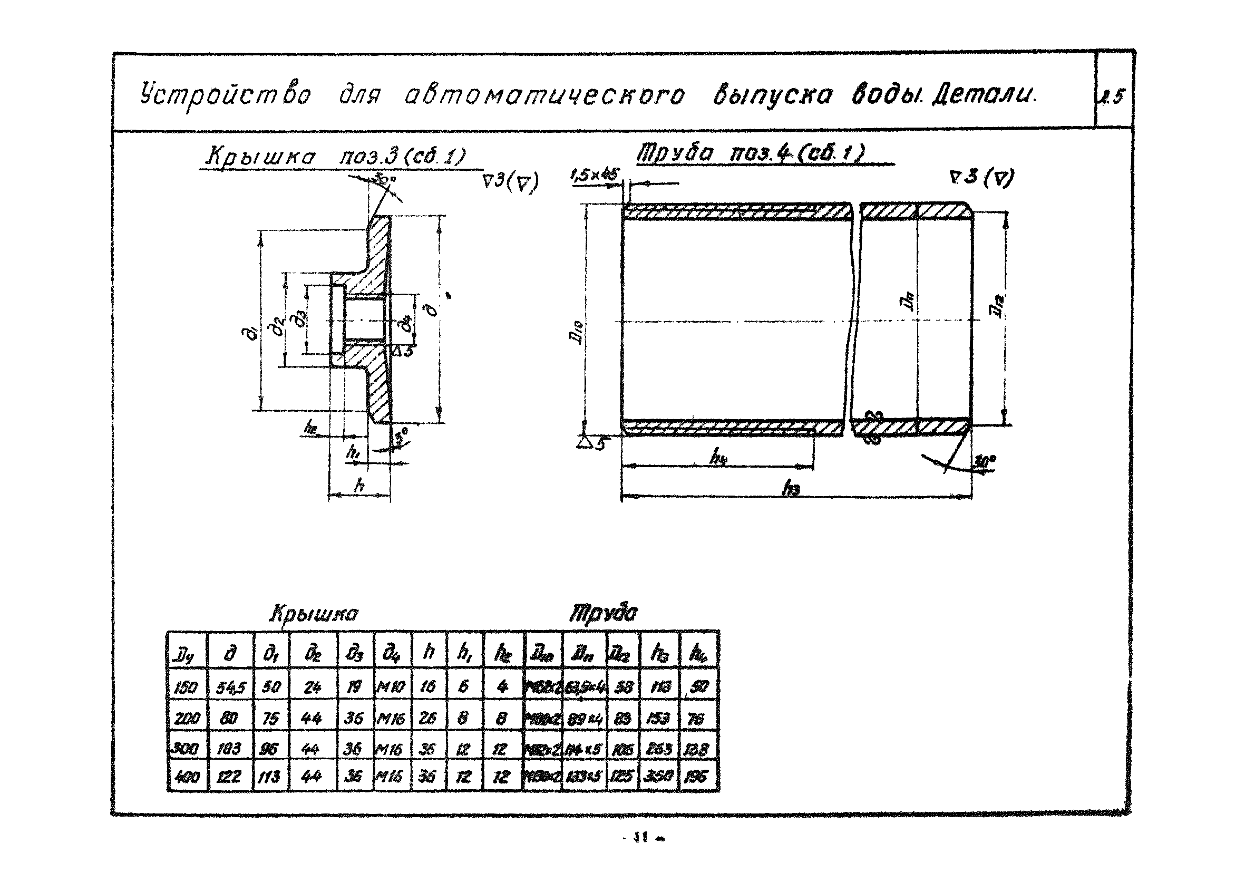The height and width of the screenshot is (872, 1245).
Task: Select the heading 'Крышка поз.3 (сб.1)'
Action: tap(335, 157)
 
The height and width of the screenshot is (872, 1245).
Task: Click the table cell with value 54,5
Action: tap(231, 687)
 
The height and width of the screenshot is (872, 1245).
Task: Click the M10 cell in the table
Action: tap(392, 687)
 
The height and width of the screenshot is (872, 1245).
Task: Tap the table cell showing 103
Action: tap(229, 750)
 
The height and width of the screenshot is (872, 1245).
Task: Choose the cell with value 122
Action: tap(229, 777)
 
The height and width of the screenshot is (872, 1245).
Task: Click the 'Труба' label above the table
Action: tap(603, 613)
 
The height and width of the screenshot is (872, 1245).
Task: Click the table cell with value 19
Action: tap(355, 687)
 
